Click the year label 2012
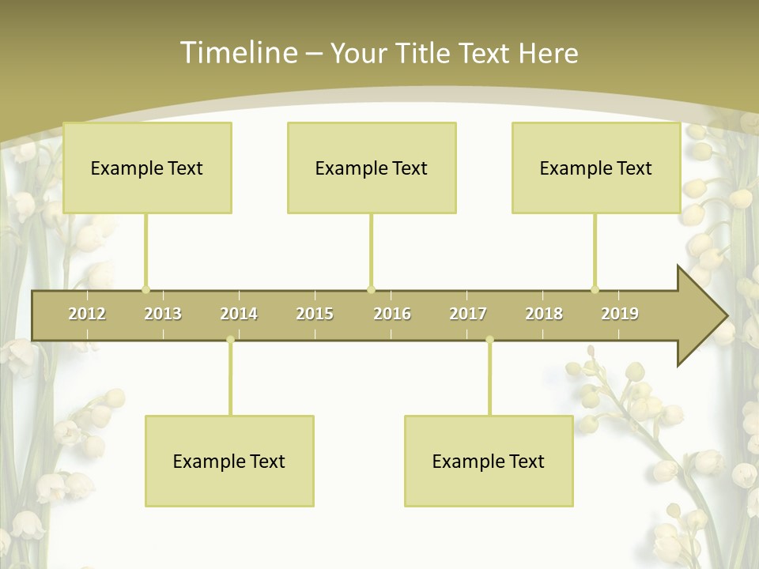pos(87,314)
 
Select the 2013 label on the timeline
pos(163,314)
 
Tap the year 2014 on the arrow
pos(239,314)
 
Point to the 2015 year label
pos(315,314)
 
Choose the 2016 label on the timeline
pos(392,314)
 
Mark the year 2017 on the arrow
pos(468,314)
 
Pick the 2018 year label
pos(544,314)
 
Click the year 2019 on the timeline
pos(620,314)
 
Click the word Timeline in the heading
pos(238,52)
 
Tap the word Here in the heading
pos(549,53)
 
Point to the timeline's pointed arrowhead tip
pos(725,316)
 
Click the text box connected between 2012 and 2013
pos(147,168)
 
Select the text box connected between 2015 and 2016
pos(372,168)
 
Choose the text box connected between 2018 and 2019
pos(596,168)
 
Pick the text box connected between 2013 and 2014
pos(229,461)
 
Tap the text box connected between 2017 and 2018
pos(489,461)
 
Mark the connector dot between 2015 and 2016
pos(372,289)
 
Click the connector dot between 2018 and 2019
pos(595,289)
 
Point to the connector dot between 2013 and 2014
pos(230,340)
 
